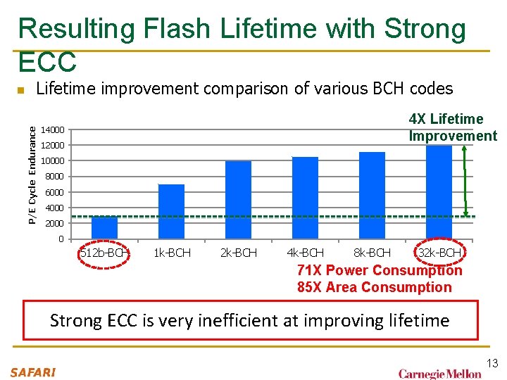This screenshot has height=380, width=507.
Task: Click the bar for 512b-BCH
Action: tap(104, 227)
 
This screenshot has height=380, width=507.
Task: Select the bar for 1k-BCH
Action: tap(171, 211)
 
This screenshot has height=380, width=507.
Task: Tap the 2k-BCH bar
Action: tap(238, 200)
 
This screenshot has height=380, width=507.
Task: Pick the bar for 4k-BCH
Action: tap(305, 198)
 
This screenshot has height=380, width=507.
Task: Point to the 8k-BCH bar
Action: tap(372, 195)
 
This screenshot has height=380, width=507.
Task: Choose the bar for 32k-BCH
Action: tap(439, 191)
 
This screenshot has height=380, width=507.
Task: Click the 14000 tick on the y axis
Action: tap(53, 130)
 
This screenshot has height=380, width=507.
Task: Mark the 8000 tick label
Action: tap(55, 177)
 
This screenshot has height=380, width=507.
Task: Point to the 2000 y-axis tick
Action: tap(55, 223)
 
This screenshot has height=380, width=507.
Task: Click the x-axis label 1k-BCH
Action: tap(171, 253)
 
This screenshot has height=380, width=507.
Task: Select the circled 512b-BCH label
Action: tap(104, 253)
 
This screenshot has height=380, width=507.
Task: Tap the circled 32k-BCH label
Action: tap(439, 253)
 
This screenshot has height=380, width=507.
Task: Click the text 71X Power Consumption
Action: tap(380, 270)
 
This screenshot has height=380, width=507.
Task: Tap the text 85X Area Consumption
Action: tap(374, 287)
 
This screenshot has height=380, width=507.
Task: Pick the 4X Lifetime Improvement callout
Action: tap(453, 127)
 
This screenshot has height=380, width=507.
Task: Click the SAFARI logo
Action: tap(33, 372)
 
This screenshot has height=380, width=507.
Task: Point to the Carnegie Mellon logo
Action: tap(439, 373)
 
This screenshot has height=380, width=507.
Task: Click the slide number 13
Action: tap(492, 363)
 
